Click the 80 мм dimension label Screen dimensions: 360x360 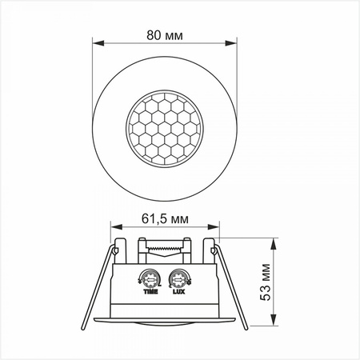[x=166, y=34]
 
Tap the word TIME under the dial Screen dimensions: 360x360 [x=150, y=294]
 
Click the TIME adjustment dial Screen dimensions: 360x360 [x=149, y=280]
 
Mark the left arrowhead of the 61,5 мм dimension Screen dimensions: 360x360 [x=114, y=226]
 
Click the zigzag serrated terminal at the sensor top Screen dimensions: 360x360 [x=165, y=249]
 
